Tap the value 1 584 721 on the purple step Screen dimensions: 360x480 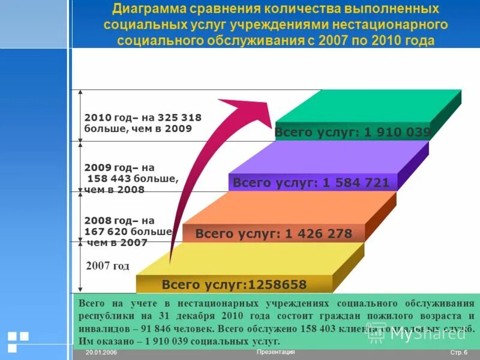[356, 183]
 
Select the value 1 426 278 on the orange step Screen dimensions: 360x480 [319, 234]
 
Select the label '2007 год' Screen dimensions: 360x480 [108, 266]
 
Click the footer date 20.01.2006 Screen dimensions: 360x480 [101, 352]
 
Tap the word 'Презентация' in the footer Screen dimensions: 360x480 [275, 352]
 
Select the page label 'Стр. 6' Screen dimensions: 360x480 [458, 352]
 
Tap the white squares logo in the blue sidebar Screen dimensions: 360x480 [18, 341]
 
